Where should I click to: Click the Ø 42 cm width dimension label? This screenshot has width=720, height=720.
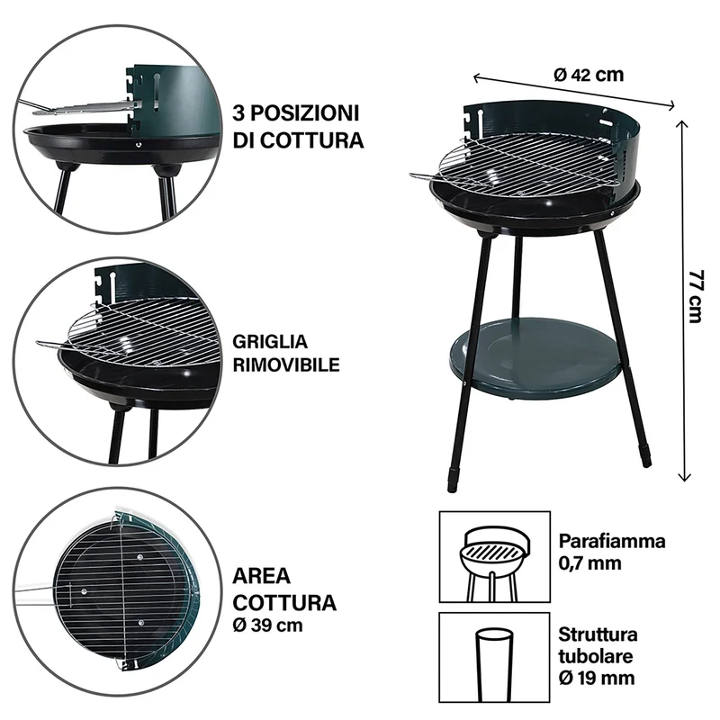[x=589, y=75]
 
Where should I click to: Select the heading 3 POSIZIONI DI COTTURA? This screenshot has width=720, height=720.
[x=298, y=126]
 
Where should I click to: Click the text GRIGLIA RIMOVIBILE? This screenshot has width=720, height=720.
[x=286, y=353]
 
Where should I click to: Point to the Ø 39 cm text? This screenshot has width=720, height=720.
[x=267, y=625]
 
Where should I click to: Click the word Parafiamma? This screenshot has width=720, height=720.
[x=612, y=542]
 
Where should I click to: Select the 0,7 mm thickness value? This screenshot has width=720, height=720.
[x=590, y=563]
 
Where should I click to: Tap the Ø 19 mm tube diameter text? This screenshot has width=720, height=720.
[x=597, y=678]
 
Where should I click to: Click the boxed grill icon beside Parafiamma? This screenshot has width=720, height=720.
[x=494, y=556]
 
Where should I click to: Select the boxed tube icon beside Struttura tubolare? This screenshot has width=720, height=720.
[x=494, y=657]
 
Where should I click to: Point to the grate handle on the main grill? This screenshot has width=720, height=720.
[x=425, y=176]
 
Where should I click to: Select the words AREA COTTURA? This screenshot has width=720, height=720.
[x=284, y=589]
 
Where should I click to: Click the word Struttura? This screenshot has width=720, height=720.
[x=598, y=634]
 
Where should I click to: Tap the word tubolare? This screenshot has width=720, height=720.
[x=596, y=656]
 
